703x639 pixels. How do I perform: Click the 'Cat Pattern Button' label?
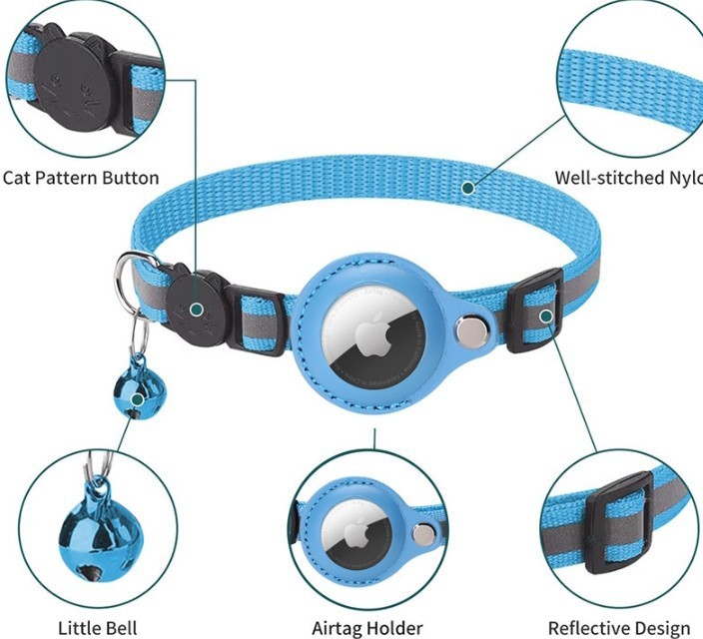(81, 178)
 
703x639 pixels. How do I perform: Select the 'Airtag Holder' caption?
(367, 628)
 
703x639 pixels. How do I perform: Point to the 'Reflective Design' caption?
(619, 628)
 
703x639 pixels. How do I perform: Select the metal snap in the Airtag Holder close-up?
(423, 535)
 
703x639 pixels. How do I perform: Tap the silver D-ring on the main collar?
(130, 276)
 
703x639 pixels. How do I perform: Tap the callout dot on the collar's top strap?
(467, 185)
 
